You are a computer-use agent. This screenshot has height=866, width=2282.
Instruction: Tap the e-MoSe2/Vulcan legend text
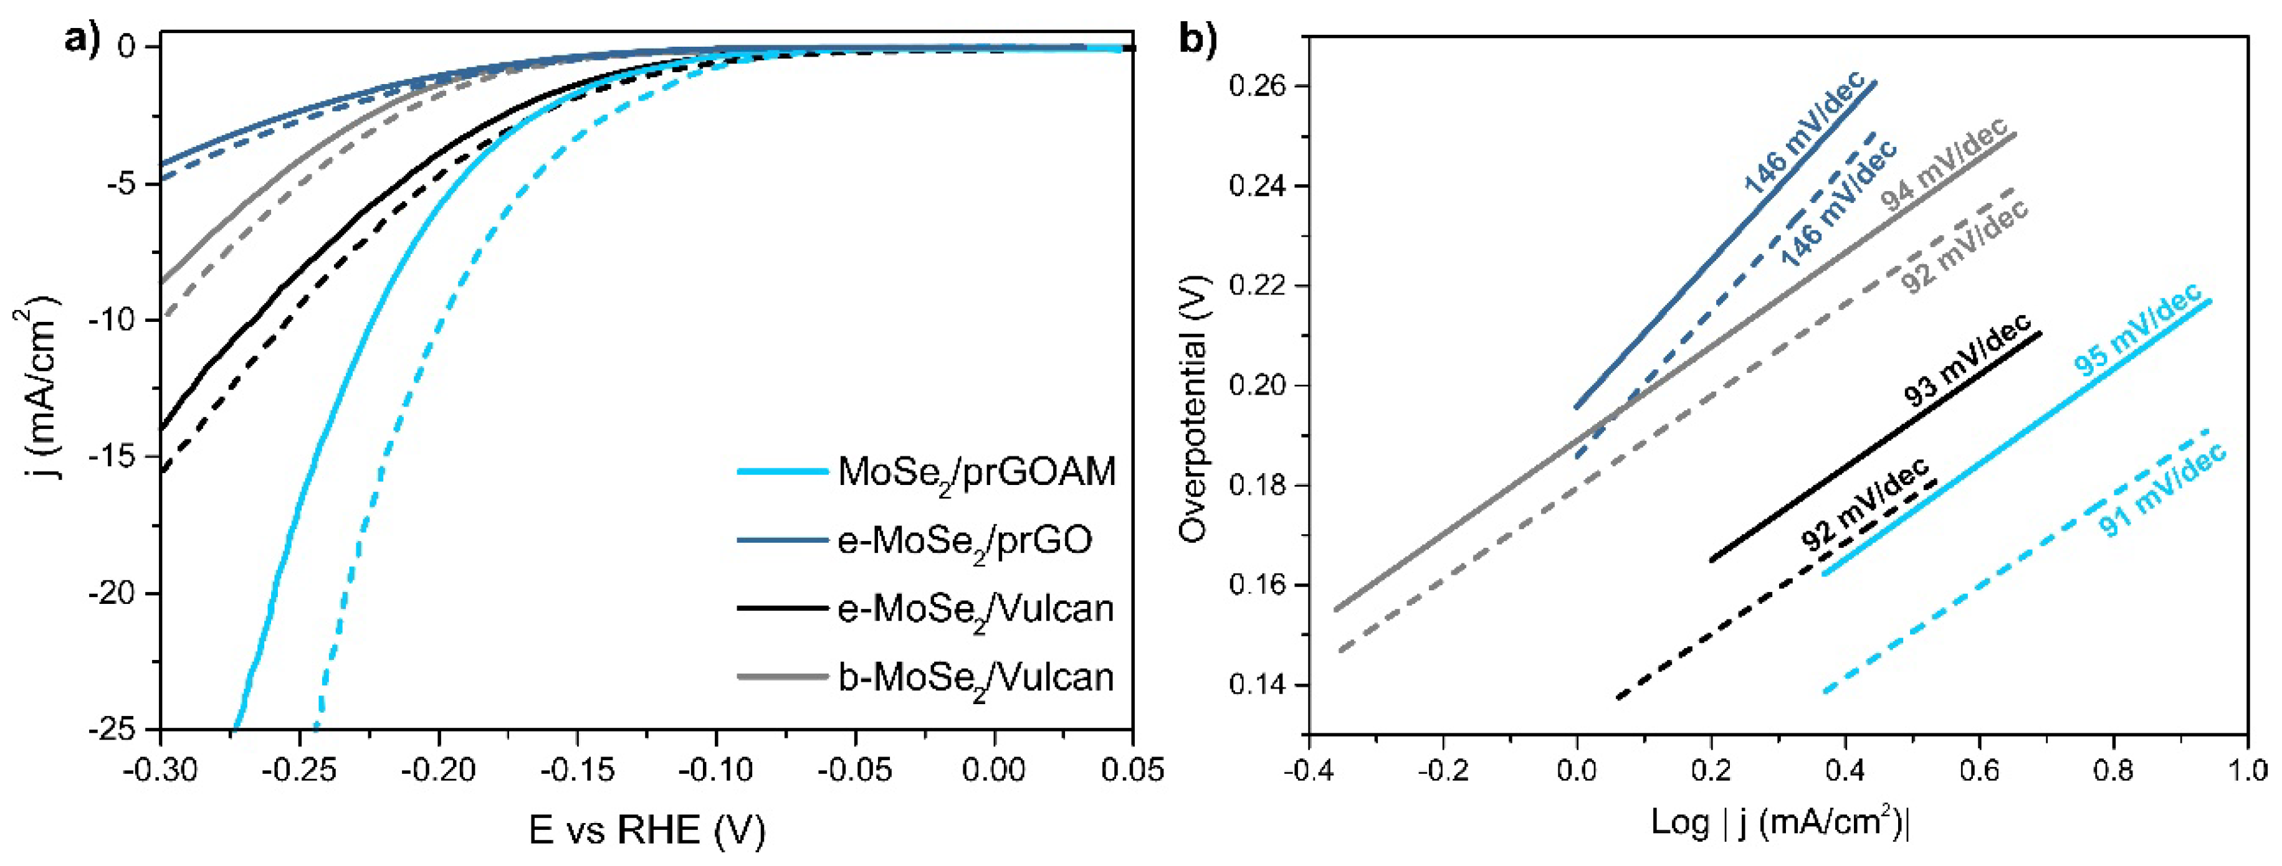[975, 610]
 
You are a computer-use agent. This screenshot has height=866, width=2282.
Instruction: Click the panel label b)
[1197, 40]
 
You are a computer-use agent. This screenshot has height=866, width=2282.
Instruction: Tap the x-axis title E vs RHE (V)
[647, 831]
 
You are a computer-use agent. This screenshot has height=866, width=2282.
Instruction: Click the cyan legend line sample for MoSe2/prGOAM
[781, 472]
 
